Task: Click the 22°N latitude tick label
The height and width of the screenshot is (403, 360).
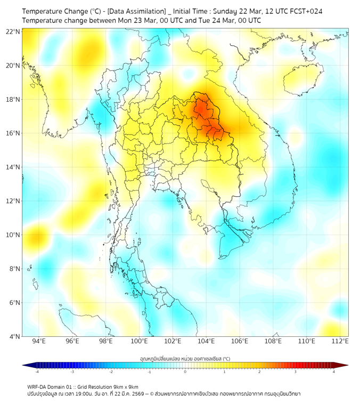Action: (13, 32)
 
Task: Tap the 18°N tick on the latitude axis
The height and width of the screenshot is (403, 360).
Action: (13, 100)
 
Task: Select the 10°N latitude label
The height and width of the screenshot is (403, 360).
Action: (13, 235)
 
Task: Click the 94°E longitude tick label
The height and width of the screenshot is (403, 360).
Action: (39, 341)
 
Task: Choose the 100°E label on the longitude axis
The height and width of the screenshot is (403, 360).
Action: (140, 341)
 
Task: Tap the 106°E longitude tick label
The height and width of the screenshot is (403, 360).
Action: (240, 341)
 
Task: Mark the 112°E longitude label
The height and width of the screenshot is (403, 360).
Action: (341, 341)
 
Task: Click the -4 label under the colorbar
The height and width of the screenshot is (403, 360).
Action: (37, 372)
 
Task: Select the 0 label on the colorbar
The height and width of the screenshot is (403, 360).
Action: (185, 372)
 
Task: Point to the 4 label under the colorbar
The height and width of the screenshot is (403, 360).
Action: (334, 372)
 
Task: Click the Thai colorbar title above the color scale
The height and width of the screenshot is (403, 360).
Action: (185, 358)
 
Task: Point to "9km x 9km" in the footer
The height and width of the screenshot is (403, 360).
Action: (125, 387)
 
